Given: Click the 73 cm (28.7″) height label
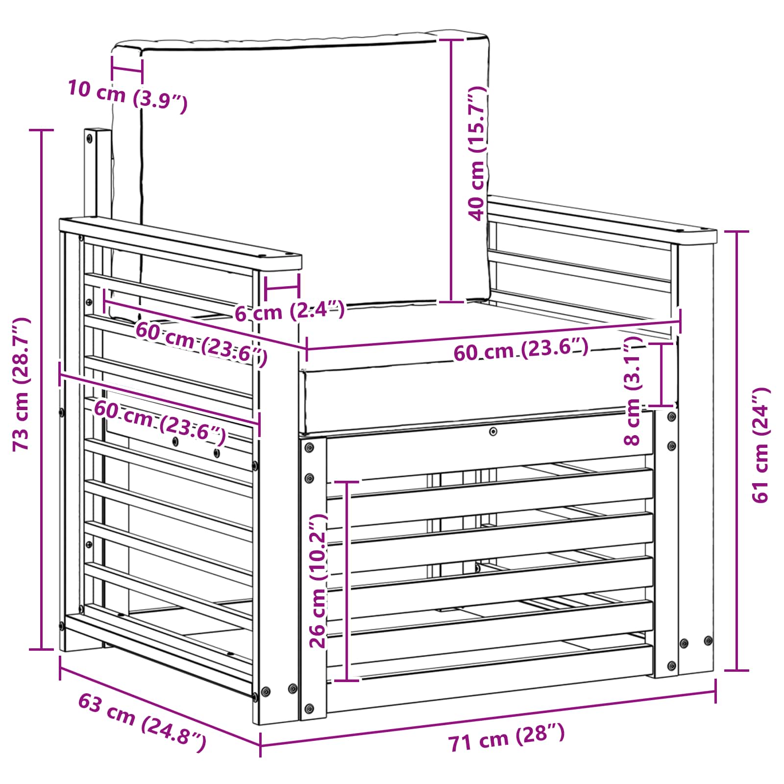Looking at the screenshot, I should point(22,384).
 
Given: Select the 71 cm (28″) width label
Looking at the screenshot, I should point(507,738).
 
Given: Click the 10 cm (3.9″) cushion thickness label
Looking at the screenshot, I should point(127,96).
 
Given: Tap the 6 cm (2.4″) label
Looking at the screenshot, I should point(290,312).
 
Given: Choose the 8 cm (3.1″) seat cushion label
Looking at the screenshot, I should point(633,391).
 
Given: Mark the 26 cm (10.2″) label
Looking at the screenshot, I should point(318,581).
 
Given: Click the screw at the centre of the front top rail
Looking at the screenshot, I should point(493,431).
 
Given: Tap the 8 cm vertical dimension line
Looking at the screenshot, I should point(662,375).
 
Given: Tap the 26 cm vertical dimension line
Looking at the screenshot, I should point(346,581).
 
